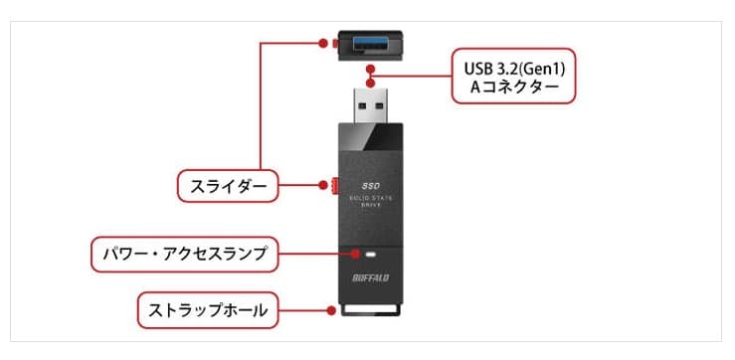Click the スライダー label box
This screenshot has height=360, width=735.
tap(228, 185)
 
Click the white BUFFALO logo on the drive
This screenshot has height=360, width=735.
tap(370, 276)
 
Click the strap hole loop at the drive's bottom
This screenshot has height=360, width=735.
tap(369, 308)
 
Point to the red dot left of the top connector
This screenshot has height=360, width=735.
tap(322, 43)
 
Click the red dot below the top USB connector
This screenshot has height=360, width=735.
tap(370, 70)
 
